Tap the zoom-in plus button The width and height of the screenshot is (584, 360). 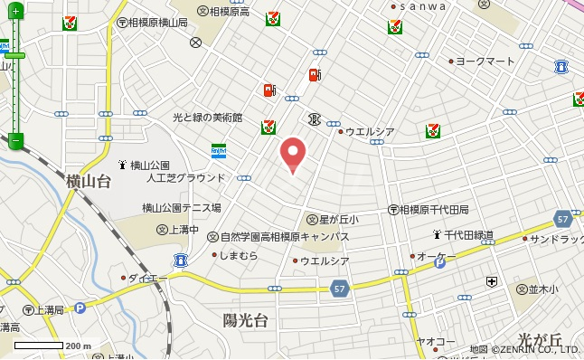(15, 13)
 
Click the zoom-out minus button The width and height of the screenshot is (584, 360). (15, 140)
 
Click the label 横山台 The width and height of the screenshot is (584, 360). (89, 182)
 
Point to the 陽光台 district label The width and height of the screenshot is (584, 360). (245, 320)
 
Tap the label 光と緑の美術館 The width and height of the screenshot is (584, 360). (208, 118)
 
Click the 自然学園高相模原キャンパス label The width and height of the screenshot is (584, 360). (285, 236)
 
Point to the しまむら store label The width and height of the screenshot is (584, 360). (239, 256)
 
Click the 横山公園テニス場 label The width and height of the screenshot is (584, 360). (181, 207)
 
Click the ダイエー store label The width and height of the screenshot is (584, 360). (143, 277)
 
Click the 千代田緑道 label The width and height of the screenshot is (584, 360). (468, 235)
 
